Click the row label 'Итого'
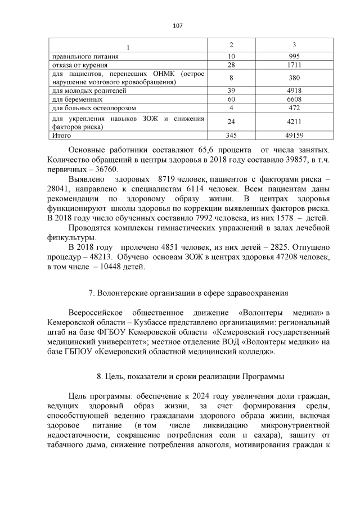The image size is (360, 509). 61,136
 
